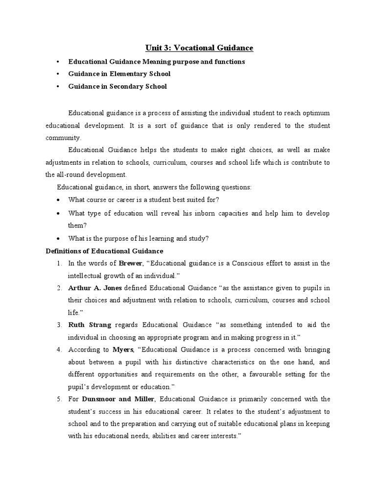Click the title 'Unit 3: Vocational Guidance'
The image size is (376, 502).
(x=199, y=48)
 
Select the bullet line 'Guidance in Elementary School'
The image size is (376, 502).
(x=119, y=74)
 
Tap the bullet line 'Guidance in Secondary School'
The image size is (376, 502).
(x=117, y=86)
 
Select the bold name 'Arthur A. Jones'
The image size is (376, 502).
(x=95, y=288)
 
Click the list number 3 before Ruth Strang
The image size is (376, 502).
(x=59, y=325)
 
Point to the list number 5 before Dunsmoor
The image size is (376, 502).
(x=59, y=399)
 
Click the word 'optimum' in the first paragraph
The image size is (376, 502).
(x=315, y=113)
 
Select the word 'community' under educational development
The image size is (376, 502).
(x=64, y=138)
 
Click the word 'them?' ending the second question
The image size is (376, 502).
(x=77, y=226)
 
